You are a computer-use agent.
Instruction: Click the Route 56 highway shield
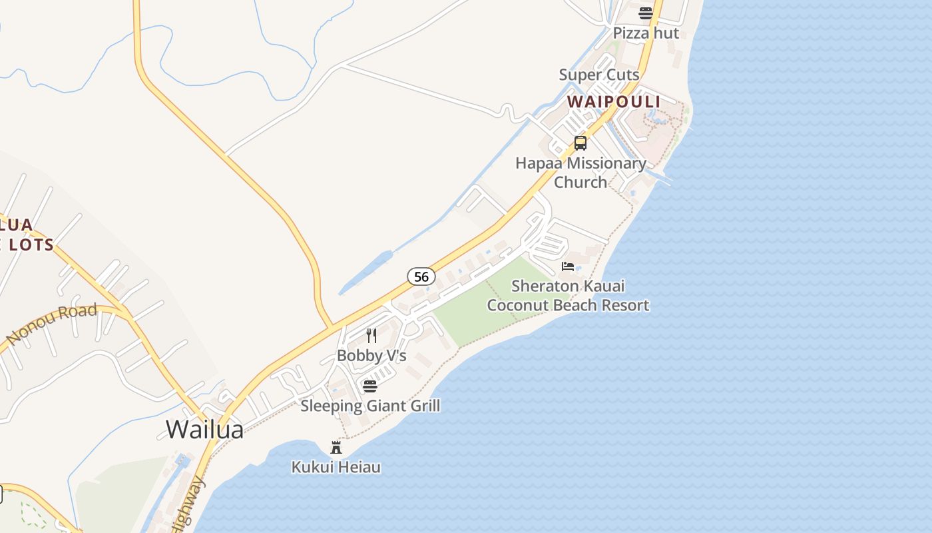point(421,276)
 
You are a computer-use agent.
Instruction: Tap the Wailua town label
point(204,429)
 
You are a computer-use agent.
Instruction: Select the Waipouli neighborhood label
point(613,101)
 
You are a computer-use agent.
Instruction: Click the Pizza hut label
point(646,33)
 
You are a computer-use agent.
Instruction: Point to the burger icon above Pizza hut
point(645,13)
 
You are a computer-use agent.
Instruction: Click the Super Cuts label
point(599,75)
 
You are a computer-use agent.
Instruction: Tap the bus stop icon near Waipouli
point(581,143)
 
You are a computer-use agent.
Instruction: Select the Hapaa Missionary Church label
point(581,173)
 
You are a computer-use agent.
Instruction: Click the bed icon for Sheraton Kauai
point(567,266)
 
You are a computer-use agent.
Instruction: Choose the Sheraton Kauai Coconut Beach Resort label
point(568,296)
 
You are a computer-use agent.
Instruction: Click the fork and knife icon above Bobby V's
point(371,336)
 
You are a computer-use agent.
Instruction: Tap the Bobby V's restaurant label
point(371,356)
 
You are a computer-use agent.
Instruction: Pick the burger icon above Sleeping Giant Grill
point(370,386)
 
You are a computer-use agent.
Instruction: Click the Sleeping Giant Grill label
point(370,406)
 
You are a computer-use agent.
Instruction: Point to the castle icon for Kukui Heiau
point(336,448)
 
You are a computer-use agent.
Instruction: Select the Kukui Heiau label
point(336,467)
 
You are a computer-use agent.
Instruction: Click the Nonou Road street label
point(52,324)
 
